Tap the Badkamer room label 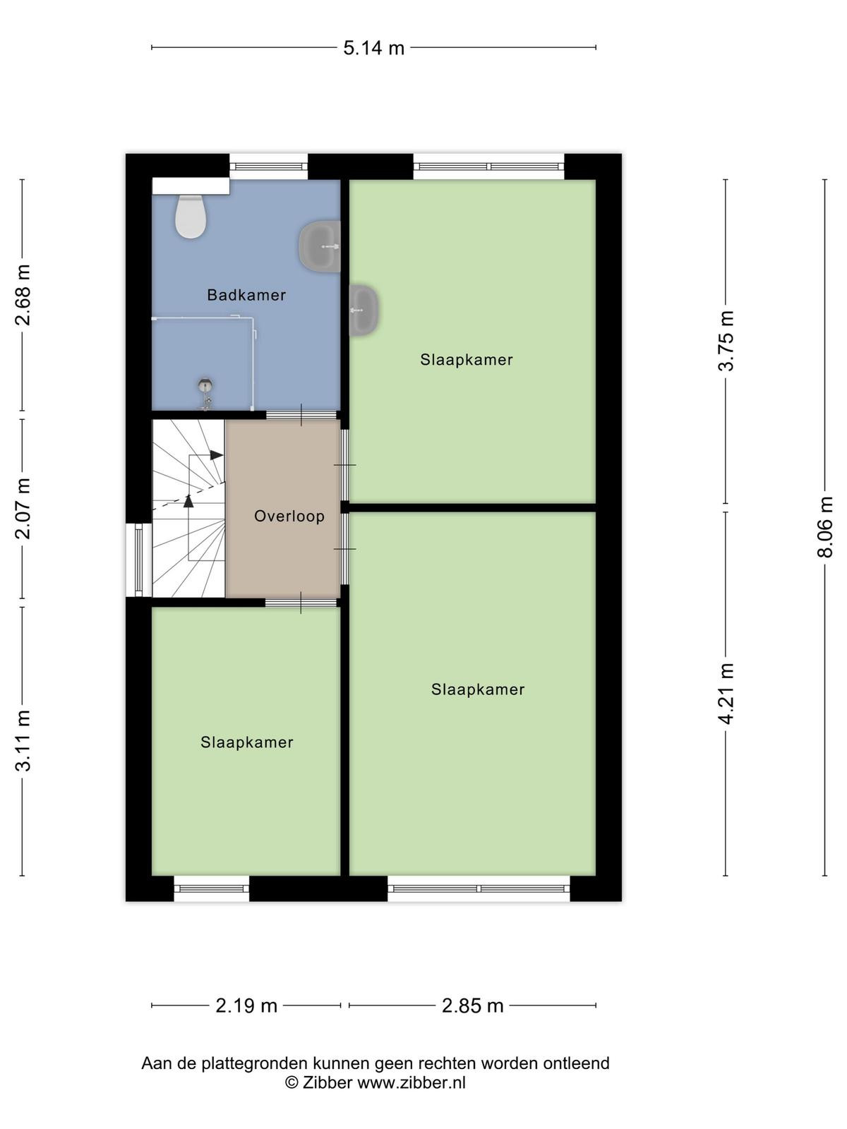[246, 295]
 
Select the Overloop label [289, 516]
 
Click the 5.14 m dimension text [374, 49]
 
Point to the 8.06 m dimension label [824, 526]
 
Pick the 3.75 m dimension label [726, 341]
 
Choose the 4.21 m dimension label [726, 694]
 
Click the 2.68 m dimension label [23, 295]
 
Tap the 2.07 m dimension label [23, 508]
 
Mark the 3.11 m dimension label [23, 741]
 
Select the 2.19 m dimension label [246, 1006]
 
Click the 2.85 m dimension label [473, 1006]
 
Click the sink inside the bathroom [320, 247]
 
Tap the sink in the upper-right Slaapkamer [365, 310]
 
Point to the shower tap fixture [205, 394]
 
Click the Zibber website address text [412, 1082]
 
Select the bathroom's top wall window [268, 166]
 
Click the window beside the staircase [139, 560]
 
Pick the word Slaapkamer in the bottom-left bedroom [247, 742]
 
